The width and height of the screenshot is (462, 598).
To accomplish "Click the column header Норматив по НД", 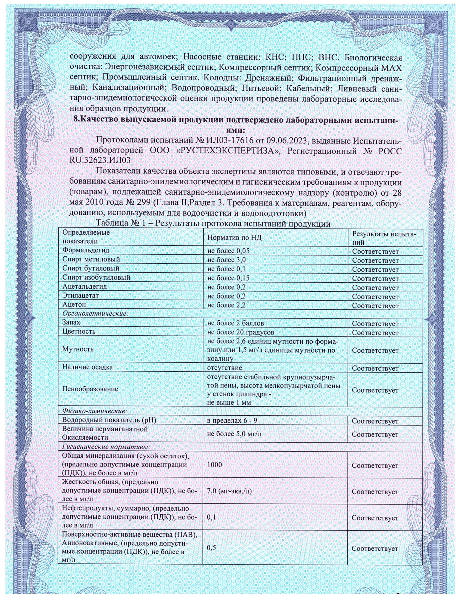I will [234, 237].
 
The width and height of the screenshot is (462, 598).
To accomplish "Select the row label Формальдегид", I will [86, 250].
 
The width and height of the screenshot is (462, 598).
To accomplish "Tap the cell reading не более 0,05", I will [229, 251].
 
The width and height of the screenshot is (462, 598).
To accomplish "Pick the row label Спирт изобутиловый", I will [96, 277].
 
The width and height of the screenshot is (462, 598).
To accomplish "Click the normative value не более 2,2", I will [226, 305].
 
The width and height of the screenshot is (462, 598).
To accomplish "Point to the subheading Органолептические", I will [95, 313].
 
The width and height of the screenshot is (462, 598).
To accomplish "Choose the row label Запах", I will [71, 323].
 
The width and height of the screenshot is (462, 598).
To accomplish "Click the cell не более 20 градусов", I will [241, 332].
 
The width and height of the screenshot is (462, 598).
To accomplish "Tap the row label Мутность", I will [78, 349].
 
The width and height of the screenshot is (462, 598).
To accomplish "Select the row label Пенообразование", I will [90, 389].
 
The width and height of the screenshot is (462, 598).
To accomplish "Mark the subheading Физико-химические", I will [95, 411].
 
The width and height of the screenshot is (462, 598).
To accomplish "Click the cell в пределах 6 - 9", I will [232, 420].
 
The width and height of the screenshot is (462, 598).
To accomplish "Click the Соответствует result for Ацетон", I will [375, 306].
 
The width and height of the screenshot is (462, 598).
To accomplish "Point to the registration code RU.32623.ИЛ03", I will [100, 160].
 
